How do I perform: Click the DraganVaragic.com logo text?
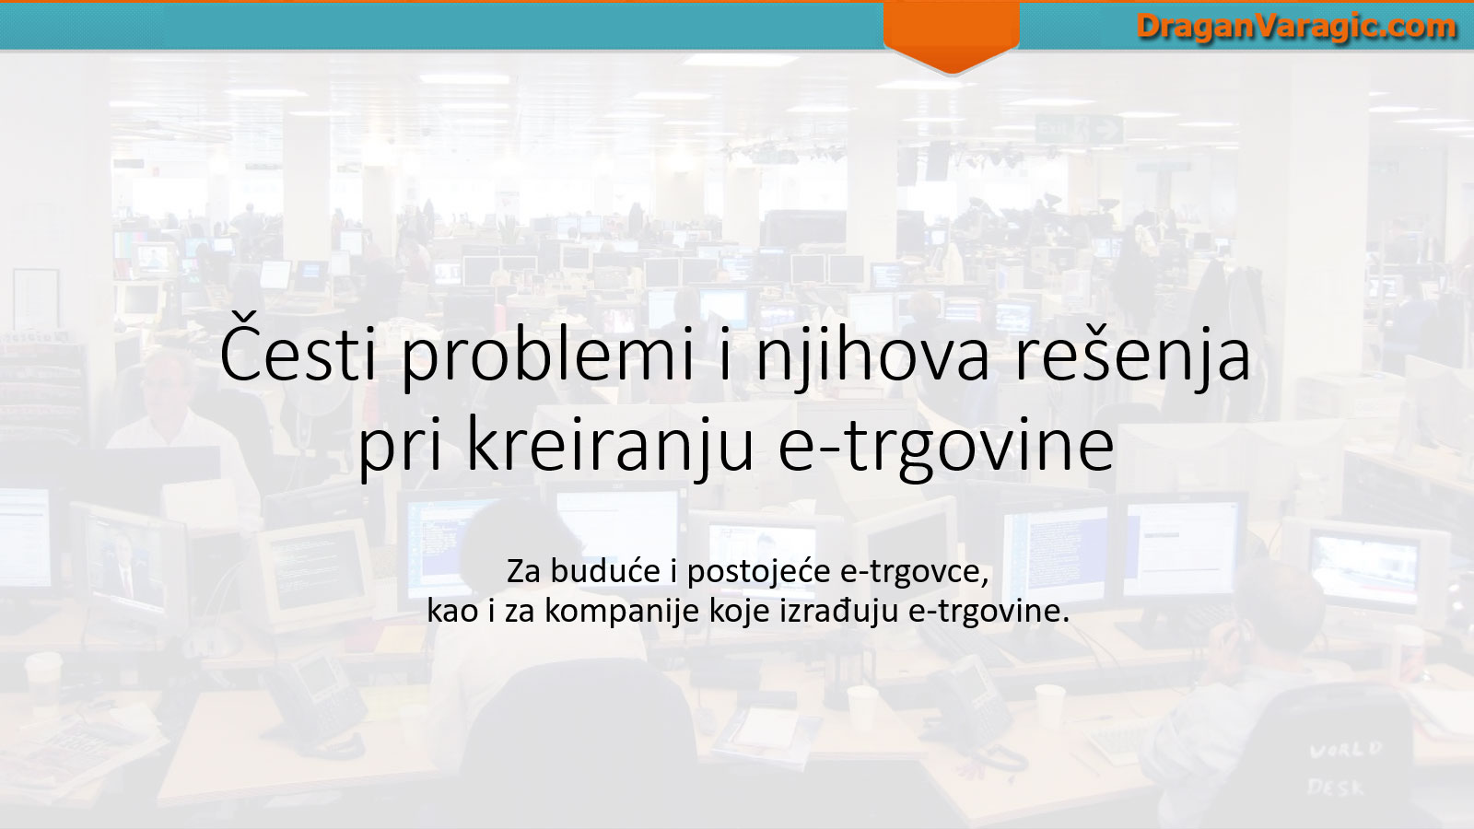coord(1295,28)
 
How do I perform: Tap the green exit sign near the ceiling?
coord(1079,129)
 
